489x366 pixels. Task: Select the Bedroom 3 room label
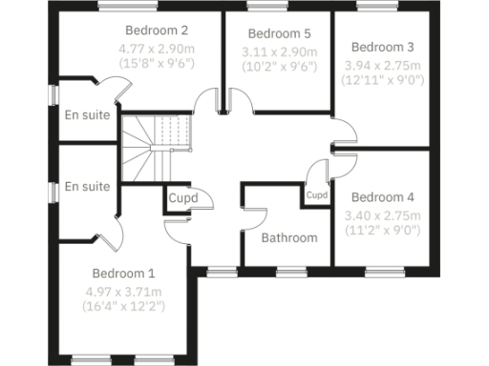pyautogui.click(x=381, y=47)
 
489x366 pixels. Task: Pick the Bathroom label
pyautogui.click(x=288, y=237)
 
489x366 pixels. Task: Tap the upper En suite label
pyautogui.click(x=87, y=115)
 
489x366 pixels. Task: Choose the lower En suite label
pyautogui.click(x=87, y=187)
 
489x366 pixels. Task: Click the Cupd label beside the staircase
pyautogui.click(x=182, y=198)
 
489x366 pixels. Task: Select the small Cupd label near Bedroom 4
pyautogui.click(x=317, y=194)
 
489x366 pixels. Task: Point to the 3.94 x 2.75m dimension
pyautogui.click(x=381, y=64)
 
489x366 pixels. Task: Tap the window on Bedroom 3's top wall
pyautogui.click(x=372, y=8)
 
